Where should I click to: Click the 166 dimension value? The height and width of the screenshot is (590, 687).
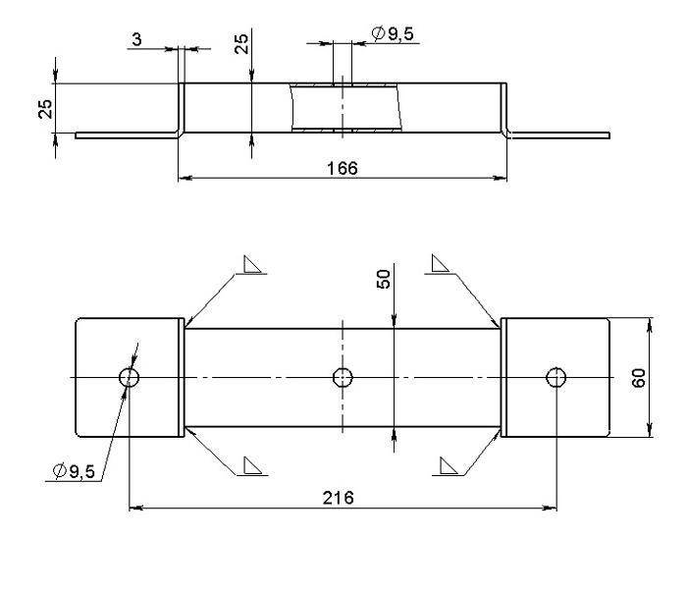coord(343,168)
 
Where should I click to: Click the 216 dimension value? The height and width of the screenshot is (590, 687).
coord(338,498)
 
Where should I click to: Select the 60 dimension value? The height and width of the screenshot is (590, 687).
coord(639,378)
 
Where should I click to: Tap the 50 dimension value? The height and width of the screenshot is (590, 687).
coord(383,279)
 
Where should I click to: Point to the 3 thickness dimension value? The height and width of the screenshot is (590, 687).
coord(136,39)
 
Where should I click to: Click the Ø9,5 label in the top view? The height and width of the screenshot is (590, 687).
coord(393,33)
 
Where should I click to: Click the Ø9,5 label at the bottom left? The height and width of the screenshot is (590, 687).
coord(74,471)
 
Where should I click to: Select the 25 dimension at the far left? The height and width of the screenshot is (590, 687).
coord(45,109)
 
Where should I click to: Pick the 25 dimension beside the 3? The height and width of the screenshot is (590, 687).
coord(241,44)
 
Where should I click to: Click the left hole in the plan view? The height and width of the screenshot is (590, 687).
coord(130,377)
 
